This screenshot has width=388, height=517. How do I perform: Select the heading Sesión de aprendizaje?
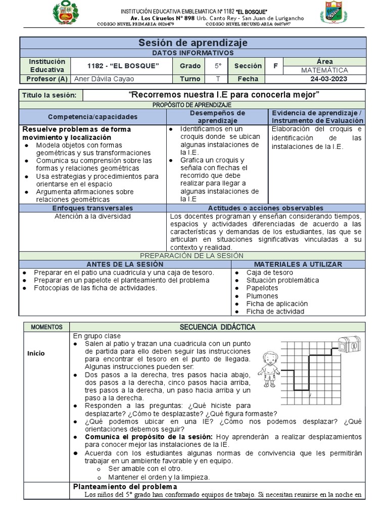coord(193,43)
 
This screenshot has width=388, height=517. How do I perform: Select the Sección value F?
coord(275,66)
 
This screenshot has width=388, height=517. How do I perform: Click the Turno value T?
coord(217,79)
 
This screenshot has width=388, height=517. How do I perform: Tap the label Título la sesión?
coord(50,95)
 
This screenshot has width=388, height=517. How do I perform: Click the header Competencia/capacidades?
coord(92,117)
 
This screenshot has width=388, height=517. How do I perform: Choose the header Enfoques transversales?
coord(92,208)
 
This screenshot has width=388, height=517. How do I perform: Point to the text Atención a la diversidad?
coord(92,216)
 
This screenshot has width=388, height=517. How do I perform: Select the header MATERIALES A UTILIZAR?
coord(297,264)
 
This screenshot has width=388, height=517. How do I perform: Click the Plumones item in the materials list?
coord(262,296)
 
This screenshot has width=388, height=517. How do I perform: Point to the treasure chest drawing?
coord(351,345)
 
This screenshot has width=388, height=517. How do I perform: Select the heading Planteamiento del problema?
coord(125,486)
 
